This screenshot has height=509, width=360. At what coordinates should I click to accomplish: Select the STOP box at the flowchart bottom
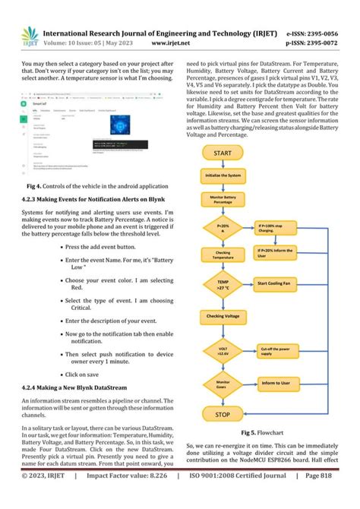click(223, 415)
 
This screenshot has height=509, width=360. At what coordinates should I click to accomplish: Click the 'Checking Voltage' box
click(223, 315)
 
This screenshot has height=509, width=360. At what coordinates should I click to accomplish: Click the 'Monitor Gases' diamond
click(223, 384)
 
